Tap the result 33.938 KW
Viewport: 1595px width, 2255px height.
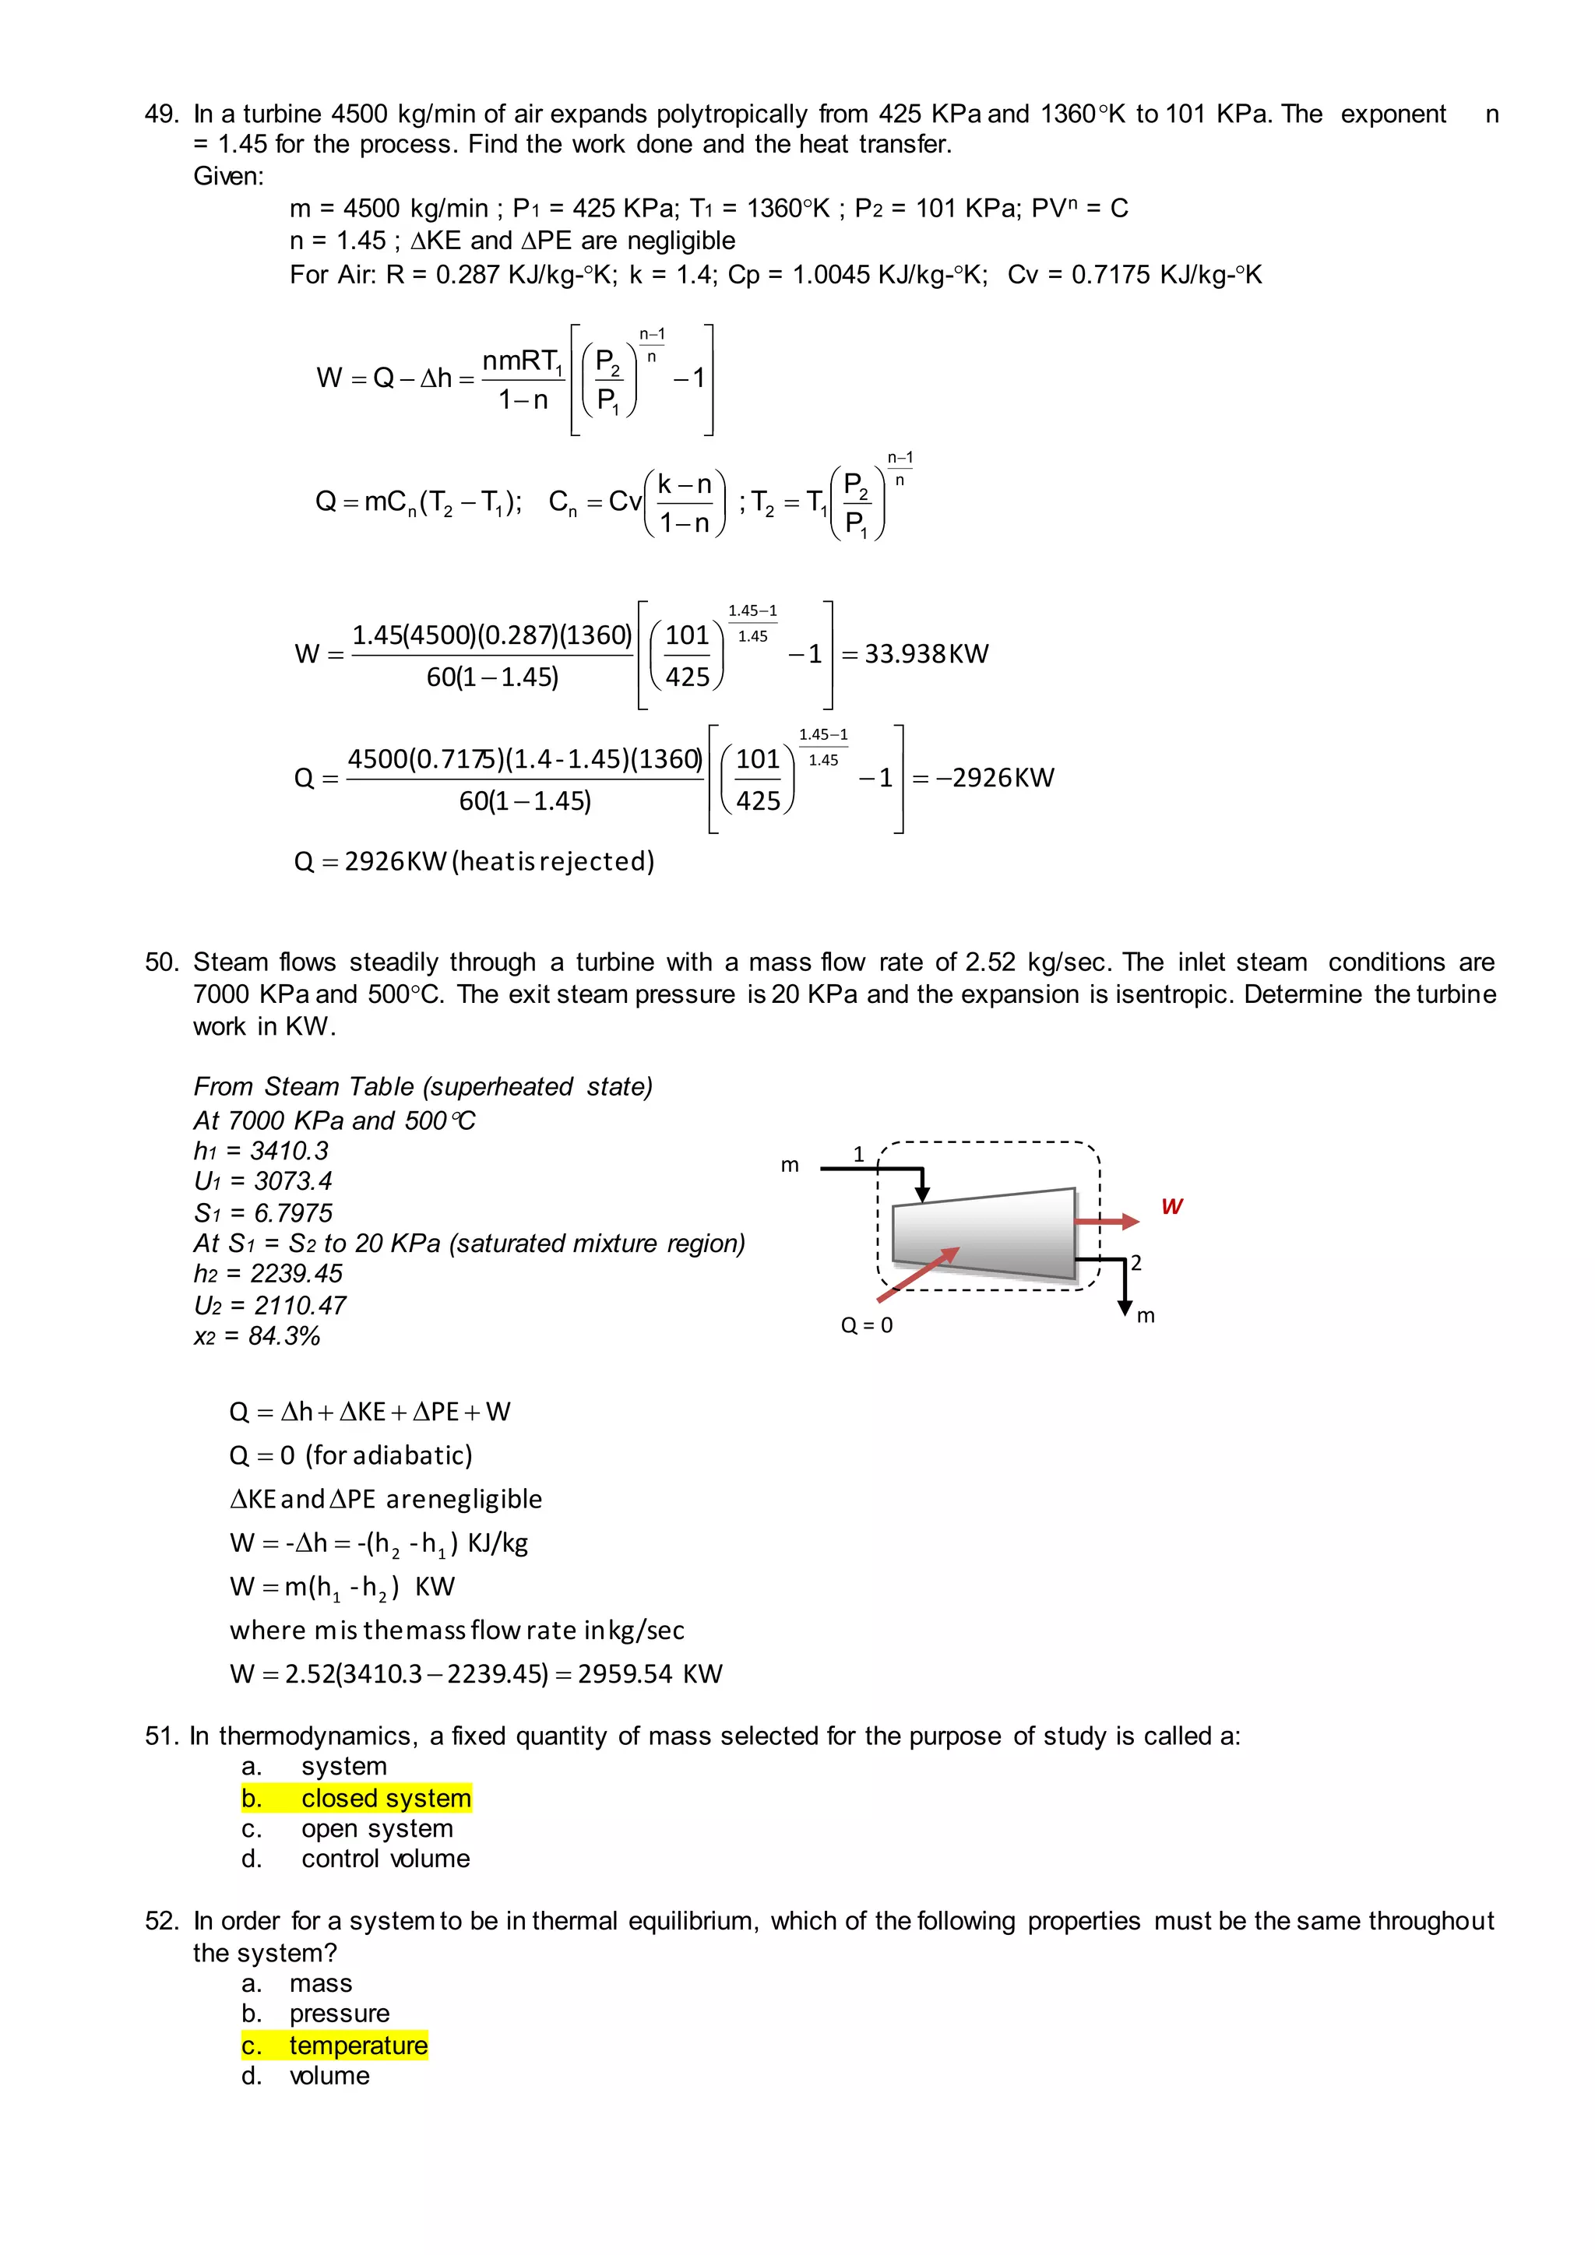click(925, 654)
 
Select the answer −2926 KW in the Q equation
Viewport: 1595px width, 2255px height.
click(994, 778)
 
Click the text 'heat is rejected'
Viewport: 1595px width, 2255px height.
click(553, 861)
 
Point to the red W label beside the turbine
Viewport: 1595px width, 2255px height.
click(1171, 1206)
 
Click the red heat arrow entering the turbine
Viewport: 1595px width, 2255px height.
click(918, 1274)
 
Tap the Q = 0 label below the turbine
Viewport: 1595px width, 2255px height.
click(866, 1326)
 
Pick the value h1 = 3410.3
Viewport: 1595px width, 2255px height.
click(260, 1151)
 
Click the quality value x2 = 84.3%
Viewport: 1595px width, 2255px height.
click(256, 1335)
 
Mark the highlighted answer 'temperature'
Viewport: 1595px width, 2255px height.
click(357, 2046)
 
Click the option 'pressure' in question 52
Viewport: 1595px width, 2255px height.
click(339, 2014)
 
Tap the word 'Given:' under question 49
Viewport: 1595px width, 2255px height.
click(228, 177)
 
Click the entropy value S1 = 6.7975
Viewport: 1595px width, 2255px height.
click(262, 1213)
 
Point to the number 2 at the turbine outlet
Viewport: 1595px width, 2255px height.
click(1136, 1263)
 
